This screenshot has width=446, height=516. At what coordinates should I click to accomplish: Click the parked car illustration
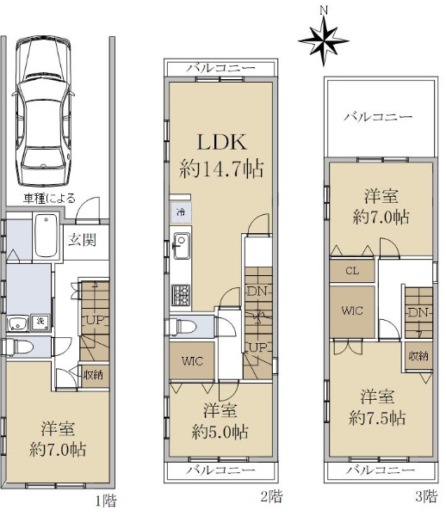pos(43,111)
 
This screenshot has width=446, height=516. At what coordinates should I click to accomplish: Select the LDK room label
pos(221,142)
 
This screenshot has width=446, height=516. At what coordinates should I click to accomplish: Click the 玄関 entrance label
pos(82,240)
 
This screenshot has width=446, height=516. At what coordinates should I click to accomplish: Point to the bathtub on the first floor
pos(46,236)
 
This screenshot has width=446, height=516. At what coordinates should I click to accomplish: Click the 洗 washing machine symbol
pos(40,322)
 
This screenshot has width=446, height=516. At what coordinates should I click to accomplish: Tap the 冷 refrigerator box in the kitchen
pos(181,212)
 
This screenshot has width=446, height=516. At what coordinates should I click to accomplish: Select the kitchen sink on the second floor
pos(181,245)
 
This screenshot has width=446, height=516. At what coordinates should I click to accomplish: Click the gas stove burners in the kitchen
pos(181,293)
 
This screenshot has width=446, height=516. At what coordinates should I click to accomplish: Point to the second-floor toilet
pos(182,327)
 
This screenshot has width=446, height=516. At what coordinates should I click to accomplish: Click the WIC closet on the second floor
pos(192,360)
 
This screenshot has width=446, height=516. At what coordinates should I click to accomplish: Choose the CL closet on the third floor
pos(352,271)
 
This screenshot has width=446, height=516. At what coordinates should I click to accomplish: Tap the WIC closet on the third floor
pos(352,311)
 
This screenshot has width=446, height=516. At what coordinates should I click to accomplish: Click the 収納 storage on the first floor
pos(93,374)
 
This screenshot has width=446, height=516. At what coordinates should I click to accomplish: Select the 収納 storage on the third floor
pos(418,356)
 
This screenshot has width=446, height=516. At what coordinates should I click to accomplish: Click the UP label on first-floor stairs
pos(95,319)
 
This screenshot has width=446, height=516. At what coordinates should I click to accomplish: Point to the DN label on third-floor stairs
pos(418,312)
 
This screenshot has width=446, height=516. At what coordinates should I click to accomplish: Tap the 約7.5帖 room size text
pos(377,418)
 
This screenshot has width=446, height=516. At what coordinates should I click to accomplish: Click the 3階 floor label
pos(426,495)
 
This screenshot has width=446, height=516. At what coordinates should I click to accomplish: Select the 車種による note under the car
pos(49,198)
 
